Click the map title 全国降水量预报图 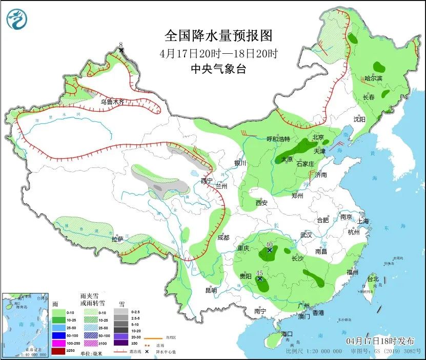[x=218, y=36]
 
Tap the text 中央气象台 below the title [x=218, y=69]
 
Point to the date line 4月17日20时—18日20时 [x=218, y=53]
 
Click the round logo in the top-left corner [x=17, y=20]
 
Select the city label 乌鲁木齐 [x=112, y=102]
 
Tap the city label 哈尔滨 [x=374, y=78]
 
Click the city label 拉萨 [x=117, y=239]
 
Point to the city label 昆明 [x=211, y=290]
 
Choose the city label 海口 [x=287, y=334]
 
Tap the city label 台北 [x=373, y=279]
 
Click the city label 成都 [x=224, y=238]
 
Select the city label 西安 [x=261, y=203]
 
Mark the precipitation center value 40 [x=270, y=245]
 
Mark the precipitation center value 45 [x=259, y=273]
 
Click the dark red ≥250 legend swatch [x=58, y=351]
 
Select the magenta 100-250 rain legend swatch [x=58, y=343]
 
